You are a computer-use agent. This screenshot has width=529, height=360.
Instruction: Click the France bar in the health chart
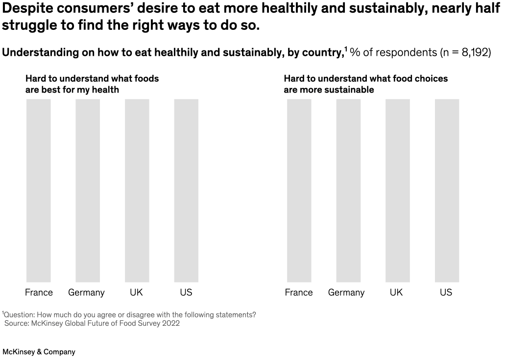tap(39, 191)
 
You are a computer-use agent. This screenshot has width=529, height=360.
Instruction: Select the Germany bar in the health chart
tap(88, 191)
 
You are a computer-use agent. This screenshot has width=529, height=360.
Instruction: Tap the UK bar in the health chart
tap(137, 191)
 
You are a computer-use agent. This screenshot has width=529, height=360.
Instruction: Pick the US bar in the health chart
tap(186, 191)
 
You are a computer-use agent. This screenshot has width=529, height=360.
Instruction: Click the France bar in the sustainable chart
tap(299, 191)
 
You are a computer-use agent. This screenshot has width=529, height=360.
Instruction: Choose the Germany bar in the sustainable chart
tap(348, 191)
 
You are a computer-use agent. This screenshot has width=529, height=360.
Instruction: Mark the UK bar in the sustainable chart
tap(398, 191)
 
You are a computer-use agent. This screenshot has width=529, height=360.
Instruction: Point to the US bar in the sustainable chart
tap(447, 191)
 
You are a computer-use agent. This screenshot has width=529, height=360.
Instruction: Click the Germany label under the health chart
tap(86, 293)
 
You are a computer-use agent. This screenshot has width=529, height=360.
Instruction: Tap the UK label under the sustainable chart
tap(396, 292)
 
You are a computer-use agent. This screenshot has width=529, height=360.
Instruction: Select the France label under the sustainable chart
tap(298, 292)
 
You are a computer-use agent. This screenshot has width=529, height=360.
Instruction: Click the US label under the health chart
tap(186, 292)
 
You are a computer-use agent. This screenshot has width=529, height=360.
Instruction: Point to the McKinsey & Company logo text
tap(39, 352)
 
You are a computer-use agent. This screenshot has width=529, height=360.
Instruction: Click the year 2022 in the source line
tap(170, 323)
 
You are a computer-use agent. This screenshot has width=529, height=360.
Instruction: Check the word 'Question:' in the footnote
tap(19, 315)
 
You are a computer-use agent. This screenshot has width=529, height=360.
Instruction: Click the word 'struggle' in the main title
tap(29, 25)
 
